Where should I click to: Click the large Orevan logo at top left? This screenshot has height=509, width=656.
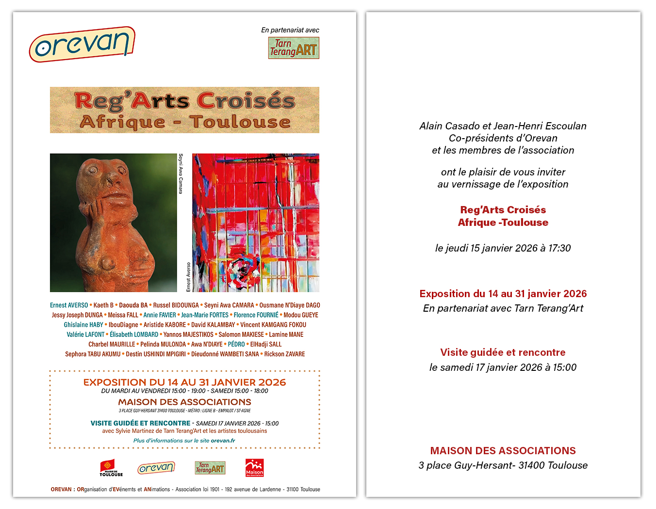[x=82, y=44]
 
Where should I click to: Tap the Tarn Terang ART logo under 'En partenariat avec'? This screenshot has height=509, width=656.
[x=294, y=48]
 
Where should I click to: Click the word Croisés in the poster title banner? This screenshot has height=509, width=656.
[x=246, y=101]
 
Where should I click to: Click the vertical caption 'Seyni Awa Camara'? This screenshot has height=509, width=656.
[x=181, y=174]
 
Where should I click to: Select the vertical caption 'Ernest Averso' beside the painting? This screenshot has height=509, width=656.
[x=189, y=277]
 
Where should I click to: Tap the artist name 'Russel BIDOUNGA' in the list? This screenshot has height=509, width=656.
[x=176, y=305]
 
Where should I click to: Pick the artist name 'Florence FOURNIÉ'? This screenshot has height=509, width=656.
[x=256, y=315]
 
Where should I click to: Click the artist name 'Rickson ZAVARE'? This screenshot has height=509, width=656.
[x=284, y=354]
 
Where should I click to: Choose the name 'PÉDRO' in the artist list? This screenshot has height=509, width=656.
[x=236, y=345]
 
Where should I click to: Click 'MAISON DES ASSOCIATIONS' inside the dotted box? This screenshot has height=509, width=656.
[x=184, y=402]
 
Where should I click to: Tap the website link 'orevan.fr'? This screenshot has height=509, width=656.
[x=223, y=441]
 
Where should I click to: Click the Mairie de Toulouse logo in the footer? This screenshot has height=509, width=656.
[x=111, y=468]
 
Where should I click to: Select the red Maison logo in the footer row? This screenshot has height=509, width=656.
[x=254, y=468]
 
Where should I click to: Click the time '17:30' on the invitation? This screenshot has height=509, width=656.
[x=559, y=248]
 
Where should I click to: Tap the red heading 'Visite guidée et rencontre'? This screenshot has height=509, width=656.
[x=503, y=352]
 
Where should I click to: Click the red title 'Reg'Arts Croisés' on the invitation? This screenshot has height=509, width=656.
[x=503, y=210]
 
